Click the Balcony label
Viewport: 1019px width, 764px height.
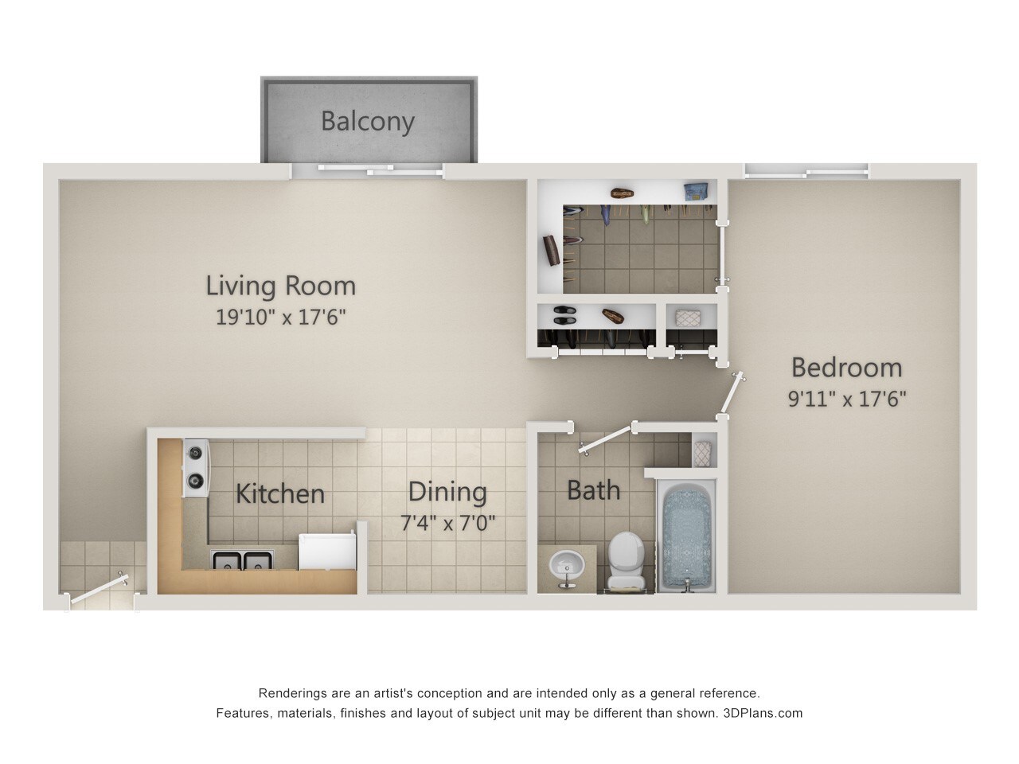[x=368, y=121]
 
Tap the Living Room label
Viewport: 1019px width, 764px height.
[x=280, y=285]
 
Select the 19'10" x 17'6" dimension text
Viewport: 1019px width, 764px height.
[x=280, y=317]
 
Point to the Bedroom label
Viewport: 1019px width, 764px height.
[x=846, y=367]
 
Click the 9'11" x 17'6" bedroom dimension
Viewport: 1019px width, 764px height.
[x=847, y=398]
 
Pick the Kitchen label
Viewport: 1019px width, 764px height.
[x=280, y=493]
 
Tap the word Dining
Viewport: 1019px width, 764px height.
[x=447, y=492]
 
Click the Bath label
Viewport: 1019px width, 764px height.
[x=593, y=489]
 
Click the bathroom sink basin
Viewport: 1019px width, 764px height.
[x=567, y=565]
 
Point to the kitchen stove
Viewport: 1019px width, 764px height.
[x=195, y=468]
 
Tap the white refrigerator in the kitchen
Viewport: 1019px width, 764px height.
[x=326, y=552]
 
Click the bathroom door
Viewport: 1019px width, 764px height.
[x=607, y=440]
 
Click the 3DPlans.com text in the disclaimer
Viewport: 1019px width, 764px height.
[x=763, y=713]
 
